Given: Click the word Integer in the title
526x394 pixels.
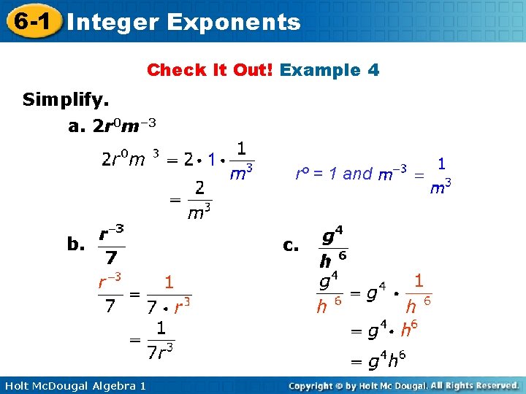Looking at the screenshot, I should (x=110, y=22).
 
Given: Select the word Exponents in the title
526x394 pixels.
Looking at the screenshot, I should (x=233, y=22).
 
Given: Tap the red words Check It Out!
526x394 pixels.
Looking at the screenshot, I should (x=210, y=70).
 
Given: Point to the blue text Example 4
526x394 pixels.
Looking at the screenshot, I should (x=329, y=70).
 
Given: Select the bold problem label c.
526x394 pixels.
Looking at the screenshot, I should (x=291, y=245).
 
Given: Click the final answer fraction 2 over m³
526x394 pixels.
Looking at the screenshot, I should (x=199, y=200).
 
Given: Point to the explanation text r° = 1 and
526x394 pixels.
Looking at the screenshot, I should (x=333, y=174).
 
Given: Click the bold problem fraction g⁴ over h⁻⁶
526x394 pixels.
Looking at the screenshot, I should (x=332, y=248).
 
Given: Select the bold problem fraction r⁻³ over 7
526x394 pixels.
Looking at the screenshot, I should (x=110, y=245).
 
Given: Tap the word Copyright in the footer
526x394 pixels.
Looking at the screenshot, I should (x=317, y=385).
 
